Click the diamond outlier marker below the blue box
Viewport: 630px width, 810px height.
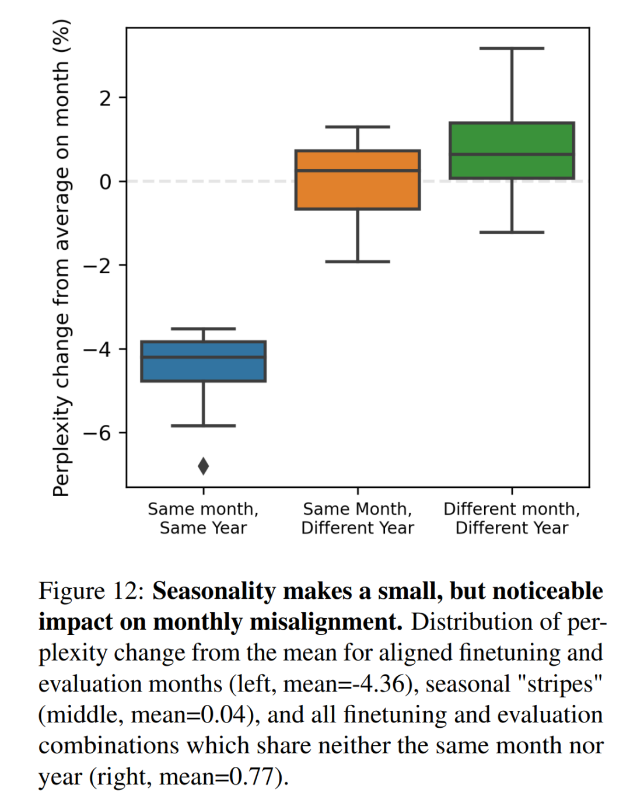[x=203, y=466]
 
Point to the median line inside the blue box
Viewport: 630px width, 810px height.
[x=203, y=357]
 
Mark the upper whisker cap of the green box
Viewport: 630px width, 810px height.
[x=512, y=48]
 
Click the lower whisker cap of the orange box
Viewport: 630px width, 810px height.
[x=358, y=261]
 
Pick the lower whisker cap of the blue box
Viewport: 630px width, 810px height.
[x=203, y=426]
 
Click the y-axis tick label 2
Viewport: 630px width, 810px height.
[x=105, y=98]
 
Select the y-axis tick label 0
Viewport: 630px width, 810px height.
[x=105, y=182]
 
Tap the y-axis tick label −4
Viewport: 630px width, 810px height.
[x=97, y=350]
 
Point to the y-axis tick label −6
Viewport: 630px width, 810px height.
[x=97, y=433]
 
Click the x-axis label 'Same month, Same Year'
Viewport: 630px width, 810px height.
[x=203, y=518]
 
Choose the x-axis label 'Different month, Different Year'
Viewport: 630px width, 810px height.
[x=512, y=518]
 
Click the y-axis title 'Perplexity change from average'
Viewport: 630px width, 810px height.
[x=62, y=257]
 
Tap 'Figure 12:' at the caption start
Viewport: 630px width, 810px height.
[x=91, y=591]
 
